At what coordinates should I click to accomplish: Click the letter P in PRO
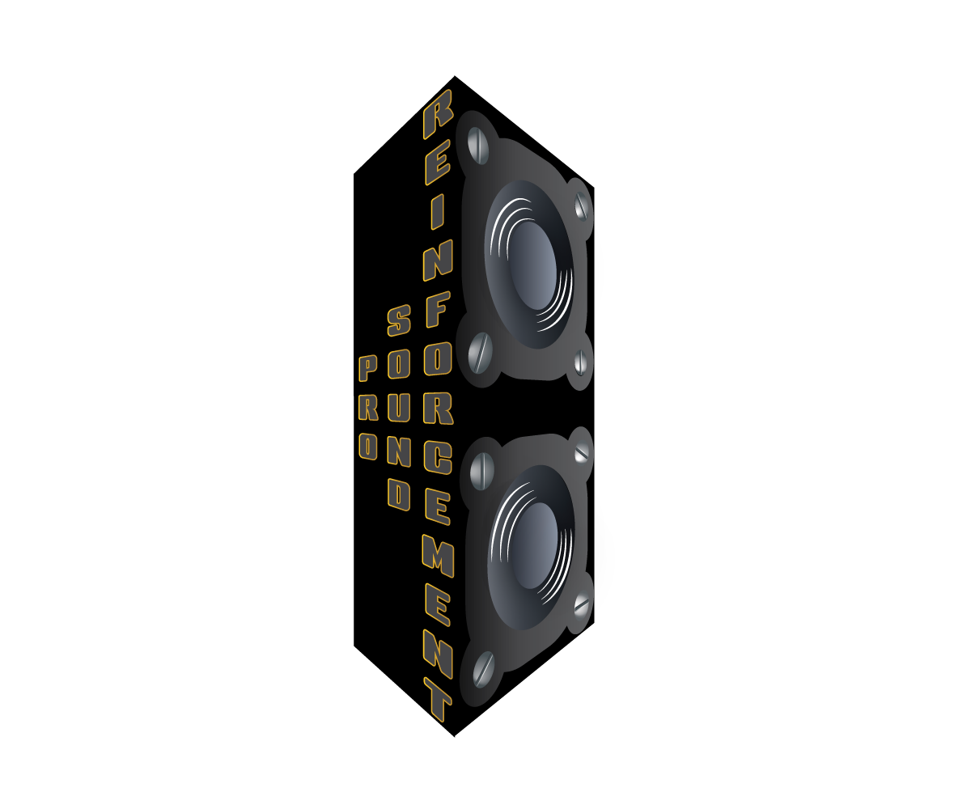click(368, 369)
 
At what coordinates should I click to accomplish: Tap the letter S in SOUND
click(399, 320)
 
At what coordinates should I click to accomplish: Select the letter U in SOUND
click(399, 408)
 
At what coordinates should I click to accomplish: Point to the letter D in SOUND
click(399, 495)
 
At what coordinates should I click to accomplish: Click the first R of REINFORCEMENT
click(438, 114)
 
